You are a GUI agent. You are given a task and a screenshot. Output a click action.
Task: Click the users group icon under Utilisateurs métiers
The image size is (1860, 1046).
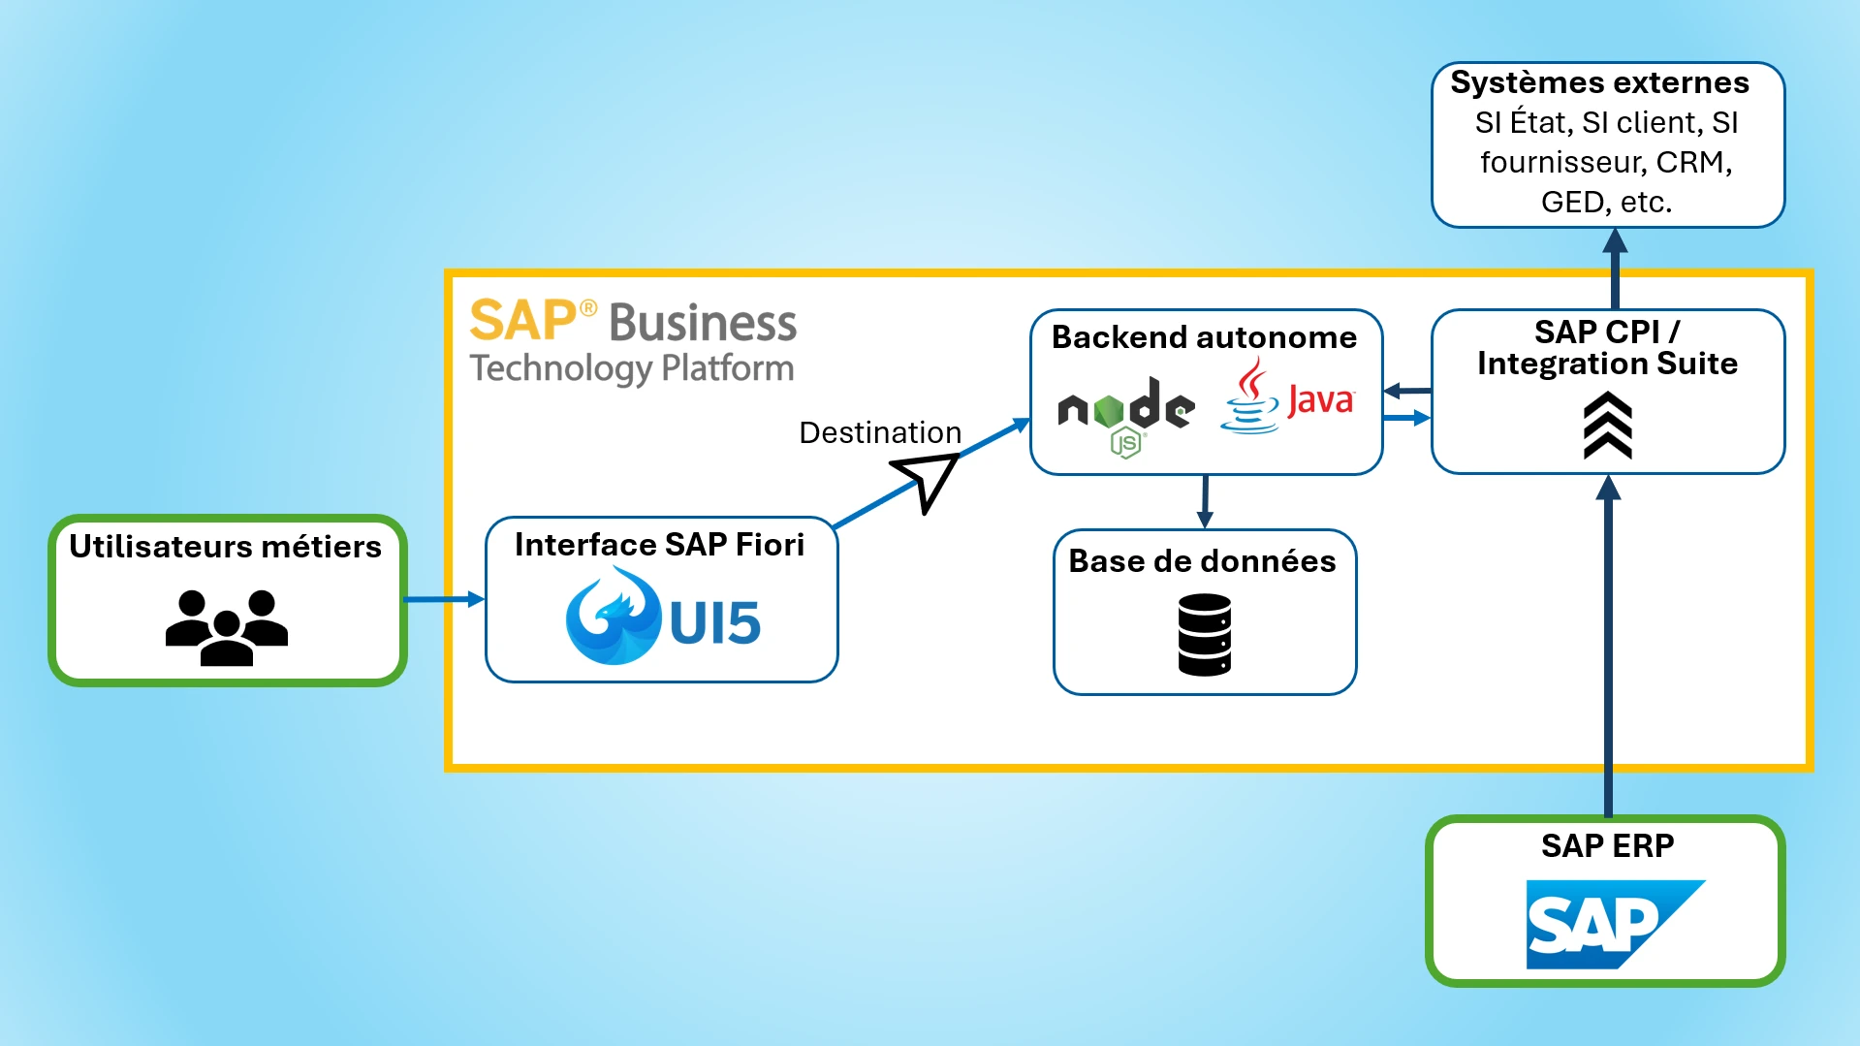(x=227, y=626)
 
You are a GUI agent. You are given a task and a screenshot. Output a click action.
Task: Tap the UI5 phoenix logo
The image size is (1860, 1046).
(x=613, y=617)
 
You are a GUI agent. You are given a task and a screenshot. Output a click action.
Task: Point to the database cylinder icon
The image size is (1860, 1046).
(x=1205, y=635)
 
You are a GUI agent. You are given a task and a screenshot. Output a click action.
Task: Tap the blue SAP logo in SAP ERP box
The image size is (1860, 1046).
(x=1614, y=924)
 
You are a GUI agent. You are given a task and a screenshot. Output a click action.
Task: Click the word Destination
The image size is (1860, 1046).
(x=880, y=432)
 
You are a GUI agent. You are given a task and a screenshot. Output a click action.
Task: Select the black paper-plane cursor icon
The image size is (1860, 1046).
(x=926, y=480)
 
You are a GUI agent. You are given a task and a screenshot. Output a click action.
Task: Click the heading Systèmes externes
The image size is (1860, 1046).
(x=1599, y=82)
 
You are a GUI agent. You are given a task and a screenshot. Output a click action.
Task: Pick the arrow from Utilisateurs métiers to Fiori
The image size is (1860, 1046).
(x=444, y=599)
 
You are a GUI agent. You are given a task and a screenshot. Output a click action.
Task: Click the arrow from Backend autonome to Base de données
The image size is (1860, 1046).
(x=1205, y=501)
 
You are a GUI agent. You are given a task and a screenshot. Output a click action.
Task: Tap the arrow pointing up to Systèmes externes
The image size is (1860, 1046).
(x=1615, y=268)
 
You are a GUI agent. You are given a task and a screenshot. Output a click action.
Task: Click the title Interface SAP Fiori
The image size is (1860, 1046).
(x=659, y=545)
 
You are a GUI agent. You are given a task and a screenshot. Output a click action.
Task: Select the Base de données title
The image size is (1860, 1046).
(x=1202, y=561)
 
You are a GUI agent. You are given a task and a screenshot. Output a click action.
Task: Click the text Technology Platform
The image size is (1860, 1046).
(x=631, y=368)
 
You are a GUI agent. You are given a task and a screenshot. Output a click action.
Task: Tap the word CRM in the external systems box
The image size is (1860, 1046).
(x=1693, y=162)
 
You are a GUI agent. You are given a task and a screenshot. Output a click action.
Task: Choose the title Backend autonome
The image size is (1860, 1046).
(x=1204, y=337)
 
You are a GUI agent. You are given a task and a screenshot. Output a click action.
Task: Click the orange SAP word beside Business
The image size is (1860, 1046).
(x=523, y=321)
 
